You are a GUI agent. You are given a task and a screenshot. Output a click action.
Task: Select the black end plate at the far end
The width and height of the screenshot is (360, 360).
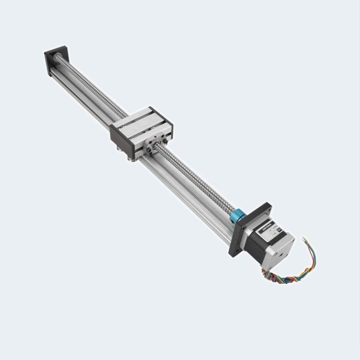pyautogui.click(x=52, y=60)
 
